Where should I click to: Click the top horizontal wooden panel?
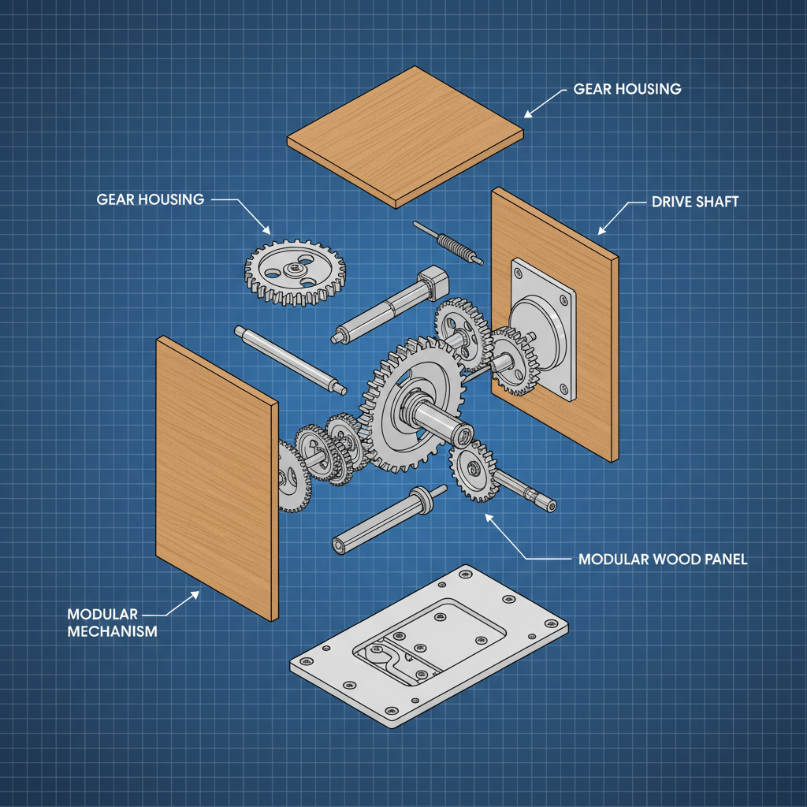point(405,137)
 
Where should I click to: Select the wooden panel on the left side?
point(217,478)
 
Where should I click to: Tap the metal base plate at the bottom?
point(430,646)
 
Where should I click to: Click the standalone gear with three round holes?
point(295,272)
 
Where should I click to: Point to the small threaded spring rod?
point(448,243)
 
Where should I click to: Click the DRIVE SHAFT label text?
point(695,202)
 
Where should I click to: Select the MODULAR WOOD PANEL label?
point(663,560)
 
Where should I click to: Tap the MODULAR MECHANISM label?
point(112,623)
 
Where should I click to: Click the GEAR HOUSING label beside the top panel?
point(627,89)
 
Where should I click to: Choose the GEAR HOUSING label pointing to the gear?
point(151,199)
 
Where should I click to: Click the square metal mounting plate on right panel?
point(543,329)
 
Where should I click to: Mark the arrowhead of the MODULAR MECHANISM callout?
point(195,595)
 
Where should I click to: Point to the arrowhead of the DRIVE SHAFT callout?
point(601,231)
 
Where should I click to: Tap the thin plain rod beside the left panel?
point(290,359)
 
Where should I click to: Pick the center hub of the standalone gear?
point(296,268)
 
